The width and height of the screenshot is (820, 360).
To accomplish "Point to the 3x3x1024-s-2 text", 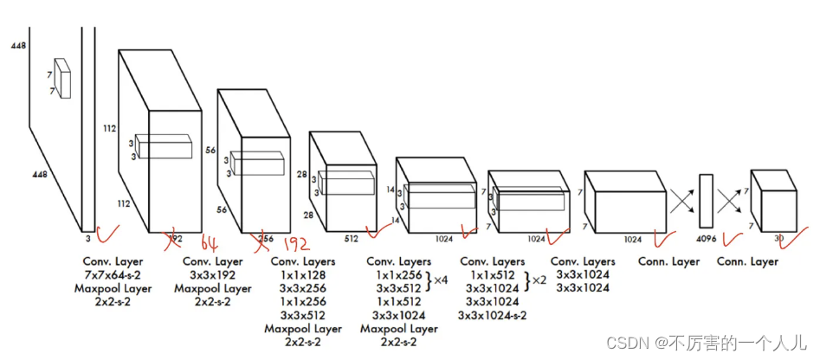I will point(492,315).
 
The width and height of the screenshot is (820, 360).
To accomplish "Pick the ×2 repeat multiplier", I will point(539,281).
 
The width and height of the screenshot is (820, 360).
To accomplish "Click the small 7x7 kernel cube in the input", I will point(61,79).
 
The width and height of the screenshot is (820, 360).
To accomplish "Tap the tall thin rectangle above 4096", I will point(706,201).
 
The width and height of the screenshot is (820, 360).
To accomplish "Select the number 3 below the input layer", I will point(87,235).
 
